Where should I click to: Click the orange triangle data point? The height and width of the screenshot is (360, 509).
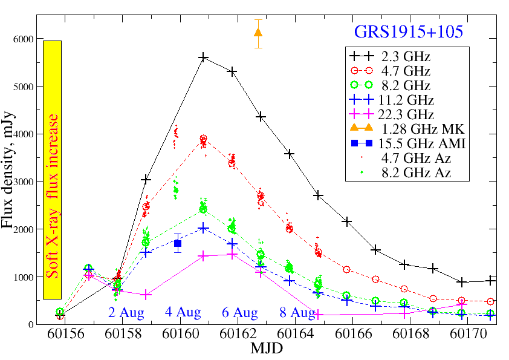tap(258, 32)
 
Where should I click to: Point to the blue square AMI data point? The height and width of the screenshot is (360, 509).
tap(178, 243)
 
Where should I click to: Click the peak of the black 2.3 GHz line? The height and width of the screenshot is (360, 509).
tap(203, 57)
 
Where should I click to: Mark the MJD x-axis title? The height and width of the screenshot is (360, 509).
tap(266, 349)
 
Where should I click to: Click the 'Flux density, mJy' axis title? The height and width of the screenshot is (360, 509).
tap(8, 182)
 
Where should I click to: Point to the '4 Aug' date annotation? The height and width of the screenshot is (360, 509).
tap(183, 313)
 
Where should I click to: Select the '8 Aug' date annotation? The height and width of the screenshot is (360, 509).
tap(297, 313)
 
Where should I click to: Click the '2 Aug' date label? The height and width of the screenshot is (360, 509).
tap(126, 313)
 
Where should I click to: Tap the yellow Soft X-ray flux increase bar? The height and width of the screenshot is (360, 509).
tap(53, 169)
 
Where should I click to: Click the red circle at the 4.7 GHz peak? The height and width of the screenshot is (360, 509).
tap(203, 139)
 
